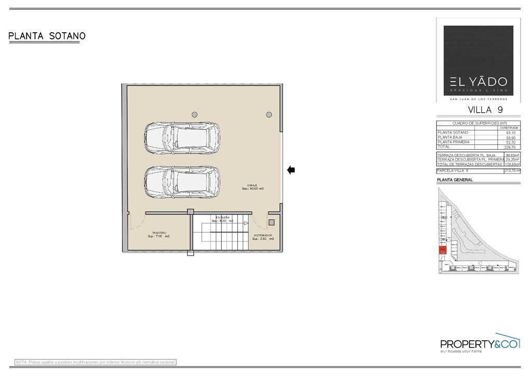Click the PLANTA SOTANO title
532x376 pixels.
[47, 36]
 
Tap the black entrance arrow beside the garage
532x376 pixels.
[291, 169]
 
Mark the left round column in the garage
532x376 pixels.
[194, 114]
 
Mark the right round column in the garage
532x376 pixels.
[269, 114]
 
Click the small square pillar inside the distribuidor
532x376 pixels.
[271, 223]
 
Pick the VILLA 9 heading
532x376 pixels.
[485, 110]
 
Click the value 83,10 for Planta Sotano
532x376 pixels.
[511, 133]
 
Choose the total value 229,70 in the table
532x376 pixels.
[511, 147]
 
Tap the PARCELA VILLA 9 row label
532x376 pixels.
[453, 170]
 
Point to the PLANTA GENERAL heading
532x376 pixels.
[455, 180]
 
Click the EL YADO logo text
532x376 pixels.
[478, 82]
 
